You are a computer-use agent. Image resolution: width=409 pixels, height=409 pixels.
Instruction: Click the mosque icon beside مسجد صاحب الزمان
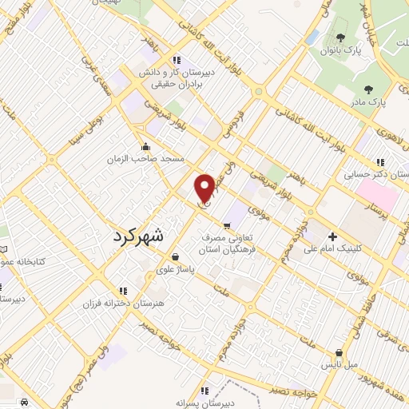point(145,146)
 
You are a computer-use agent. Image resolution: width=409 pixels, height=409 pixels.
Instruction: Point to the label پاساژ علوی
point(177,269)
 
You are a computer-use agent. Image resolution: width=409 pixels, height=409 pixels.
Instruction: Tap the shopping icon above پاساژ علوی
point(176,256)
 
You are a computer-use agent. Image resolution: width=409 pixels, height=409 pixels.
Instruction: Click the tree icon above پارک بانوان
point(341,38)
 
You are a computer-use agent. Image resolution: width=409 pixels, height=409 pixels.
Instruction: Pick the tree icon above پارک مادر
point(367,89)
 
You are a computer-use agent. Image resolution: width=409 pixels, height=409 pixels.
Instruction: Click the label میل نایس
point(339,364)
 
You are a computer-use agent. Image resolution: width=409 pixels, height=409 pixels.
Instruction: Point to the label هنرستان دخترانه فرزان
point(122,304)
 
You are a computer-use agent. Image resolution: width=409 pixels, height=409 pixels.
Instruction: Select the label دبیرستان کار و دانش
point(179,72)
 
